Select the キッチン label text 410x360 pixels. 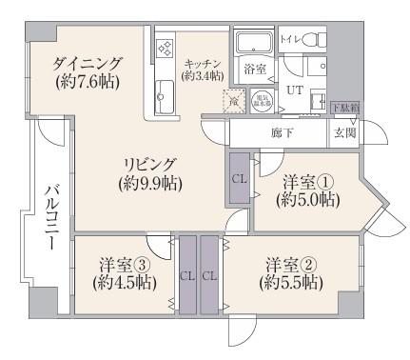203,69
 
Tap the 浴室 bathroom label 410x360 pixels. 254,70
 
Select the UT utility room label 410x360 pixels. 296,90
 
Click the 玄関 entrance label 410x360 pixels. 343,130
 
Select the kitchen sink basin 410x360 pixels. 163,96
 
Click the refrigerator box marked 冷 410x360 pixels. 230,101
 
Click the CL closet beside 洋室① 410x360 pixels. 238,178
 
